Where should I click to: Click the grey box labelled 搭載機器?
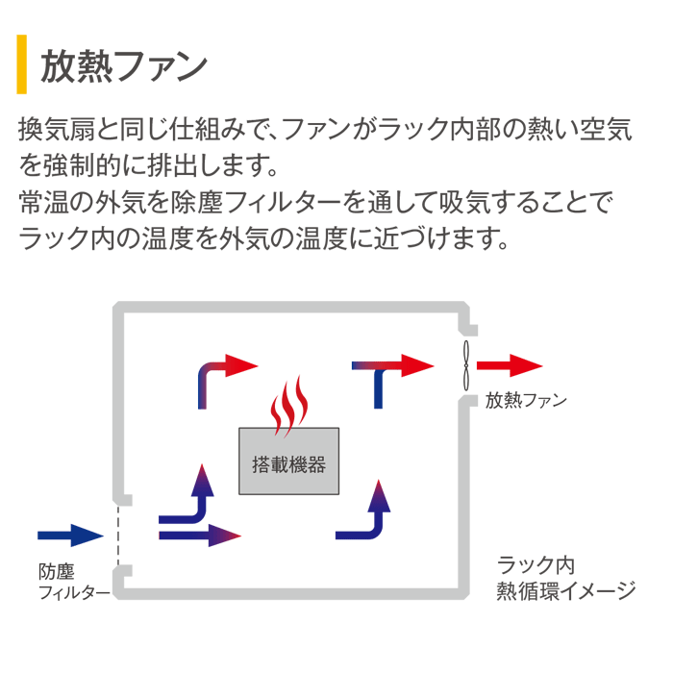coord(288,461)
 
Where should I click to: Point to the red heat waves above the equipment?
coord(288,408)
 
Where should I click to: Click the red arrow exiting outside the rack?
coord(510,365)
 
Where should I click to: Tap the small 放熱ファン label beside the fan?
coord(526,400)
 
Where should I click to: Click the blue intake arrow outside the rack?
coord(69,535)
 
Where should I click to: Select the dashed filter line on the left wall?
coord(119,535)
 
